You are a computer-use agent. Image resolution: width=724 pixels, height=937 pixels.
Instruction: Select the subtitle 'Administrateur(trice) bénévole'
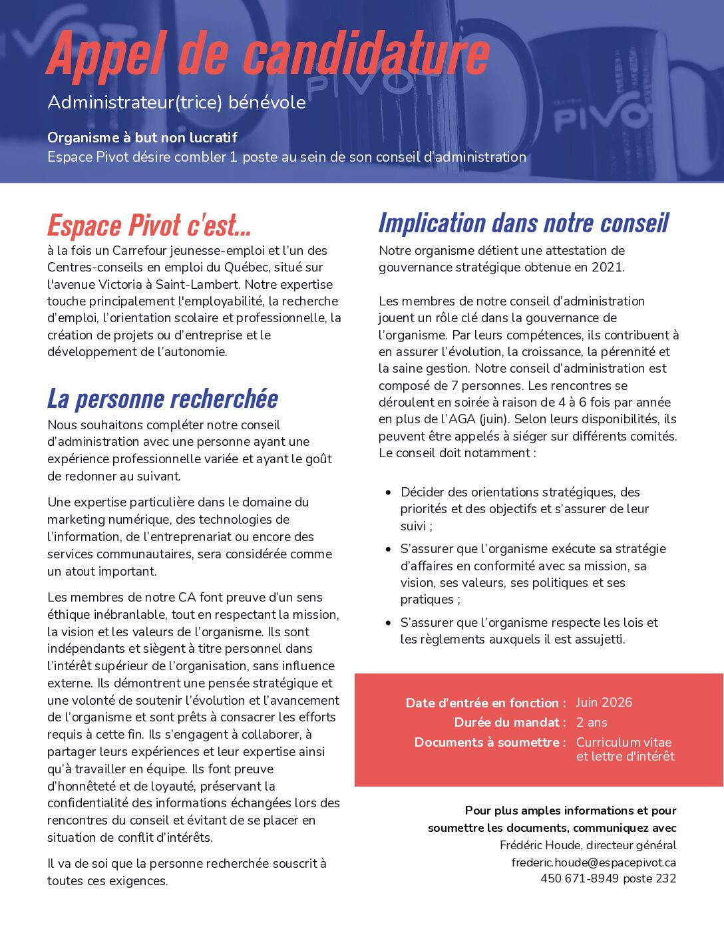point(176,102)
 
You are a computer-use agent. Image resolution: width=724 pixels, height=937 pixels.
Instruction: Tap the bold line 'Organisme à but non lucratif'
point(142,138)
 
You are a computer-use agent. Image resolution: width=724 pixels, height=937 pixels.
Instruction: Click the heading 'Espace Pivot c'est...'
point(149,225)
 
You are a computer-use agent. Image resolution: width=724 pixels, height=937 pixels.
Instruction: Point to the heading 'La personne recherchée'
point(162,399)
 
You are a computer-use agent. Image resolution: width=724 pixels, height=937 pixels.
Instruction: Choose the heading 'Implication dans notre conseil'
point(524,223)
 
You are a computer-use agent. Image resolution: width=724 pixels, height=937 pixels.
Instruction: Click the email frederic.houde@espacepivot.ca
point(594,862)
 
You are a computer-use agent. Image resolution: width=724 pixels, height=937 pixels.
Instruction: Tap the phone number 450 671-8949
point(579,878)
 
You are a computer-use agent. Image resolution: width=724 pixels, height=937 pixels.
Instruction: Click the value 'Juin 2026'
point(604,703)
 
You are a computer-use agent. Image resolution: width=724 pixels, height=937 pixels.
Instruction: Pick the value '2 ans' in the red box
point(592,723)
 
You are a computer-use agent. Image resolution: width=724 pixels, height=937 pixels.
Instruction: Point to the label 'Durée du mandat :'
point(510,723)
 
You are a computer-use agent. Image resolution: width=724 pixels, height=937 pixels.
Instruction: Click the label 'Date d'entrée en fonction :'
point(486,703)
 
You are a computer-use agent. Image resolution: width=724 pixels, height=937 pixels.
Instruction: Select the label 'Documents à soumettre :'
point(490,743)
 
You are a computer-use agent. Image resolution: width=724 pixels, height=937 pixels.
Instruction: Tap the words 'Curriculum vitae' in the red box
point(624,743)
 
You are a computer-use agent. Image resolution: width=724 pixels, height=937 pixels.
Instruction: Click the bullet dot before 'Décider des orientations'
point(389,492)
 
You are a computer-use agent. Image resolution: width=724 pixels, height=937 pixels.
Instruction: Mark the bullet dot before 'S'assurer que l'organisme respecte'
point(389,623)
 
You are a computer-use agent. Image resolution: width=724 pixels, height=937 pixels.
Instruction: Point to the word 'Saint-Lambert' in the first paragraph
point(194,285)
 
